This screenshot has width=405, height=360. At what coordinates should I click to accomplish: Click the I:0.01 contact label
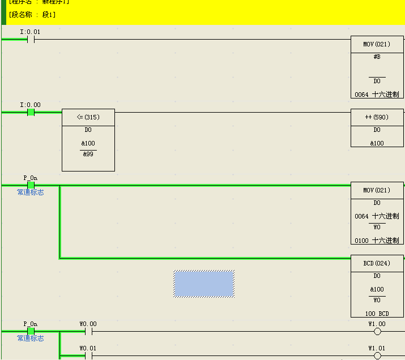[x=30, y=32]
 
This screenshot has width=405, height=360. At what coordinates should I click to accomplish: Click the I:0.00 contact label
[x=30, y=105]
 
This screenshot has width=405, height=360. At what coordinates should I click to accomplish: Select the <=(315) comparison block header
[x=88, y=117]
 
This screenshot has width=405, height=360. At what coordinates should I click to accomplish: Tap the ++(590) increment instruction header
[x=377, y=117]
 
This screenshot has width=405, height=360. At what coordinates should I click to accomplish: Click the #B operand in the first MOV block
[x=377, y=57]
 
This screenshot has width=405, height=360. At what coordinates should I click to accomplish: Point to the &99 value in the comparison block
[x=88, y=154]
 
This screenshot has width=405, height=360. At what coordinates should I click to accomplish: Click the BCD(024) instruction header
[x=377, y=263]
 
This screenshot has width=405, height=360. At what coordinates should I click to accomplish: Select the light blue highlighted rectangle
[x=204, y=284]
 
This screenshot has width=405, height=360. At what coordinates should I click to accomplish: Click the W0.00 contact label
[x=88, y=324]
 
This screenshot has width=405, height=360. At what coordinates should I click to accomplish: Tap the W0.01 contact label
[x=88, y=348]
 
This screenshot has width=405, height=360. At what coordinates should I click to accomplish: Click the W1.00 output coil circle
[x=377, y=332]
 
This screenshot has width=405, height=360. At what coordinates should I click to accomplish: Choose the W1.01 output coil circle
[x=377, y=356]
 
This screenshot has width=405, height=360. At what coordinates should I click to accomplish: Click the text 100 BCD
[x=377, y=313]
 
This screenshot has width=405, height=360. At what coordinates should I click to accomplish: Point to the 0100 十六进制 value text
[x=377, y=241]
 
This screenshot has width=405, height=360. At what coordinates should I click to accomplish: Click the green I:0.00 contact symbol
[x=31, y=112]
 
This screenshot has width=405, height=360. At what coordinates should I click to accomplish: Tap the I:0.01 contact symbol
[x=31, y=40]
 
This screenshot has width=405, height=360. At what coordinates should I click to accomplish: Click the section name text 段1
[x=49, y=14]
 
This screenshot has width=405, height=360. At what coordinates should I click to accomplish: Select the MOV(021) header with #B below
[x=377, y=44]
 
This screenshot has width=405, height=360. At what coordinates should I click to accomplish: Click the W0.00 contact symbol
[x=88, y=332]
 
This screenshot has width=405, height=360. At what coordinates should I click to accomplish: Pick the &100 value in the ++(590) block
[x=377, y=143]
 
